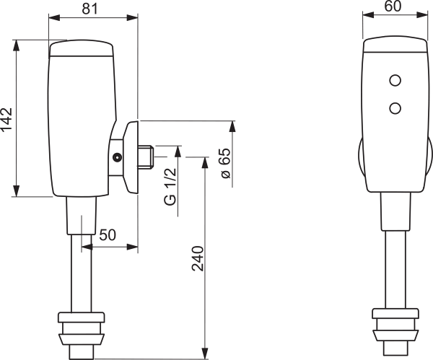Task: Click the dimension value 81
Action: (x=90, y=9)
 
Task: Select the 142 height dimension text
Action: (x=6, y=119)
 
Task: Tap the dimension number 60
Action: (x=393, y=6)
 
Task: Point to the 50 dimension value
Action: (x=108, y=235)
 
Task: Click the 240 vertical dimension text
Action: (x=198, y=258)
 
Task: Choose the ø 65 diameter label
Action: (x=226, y=163)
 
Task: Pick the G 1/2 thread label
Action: (x=170, y=186)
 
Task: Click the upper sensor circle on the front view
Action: (x=395, y=81)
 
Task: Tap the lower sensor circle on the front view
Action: (x=395, y=108)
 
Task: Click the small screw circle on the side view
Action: (x=118, y=157)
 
